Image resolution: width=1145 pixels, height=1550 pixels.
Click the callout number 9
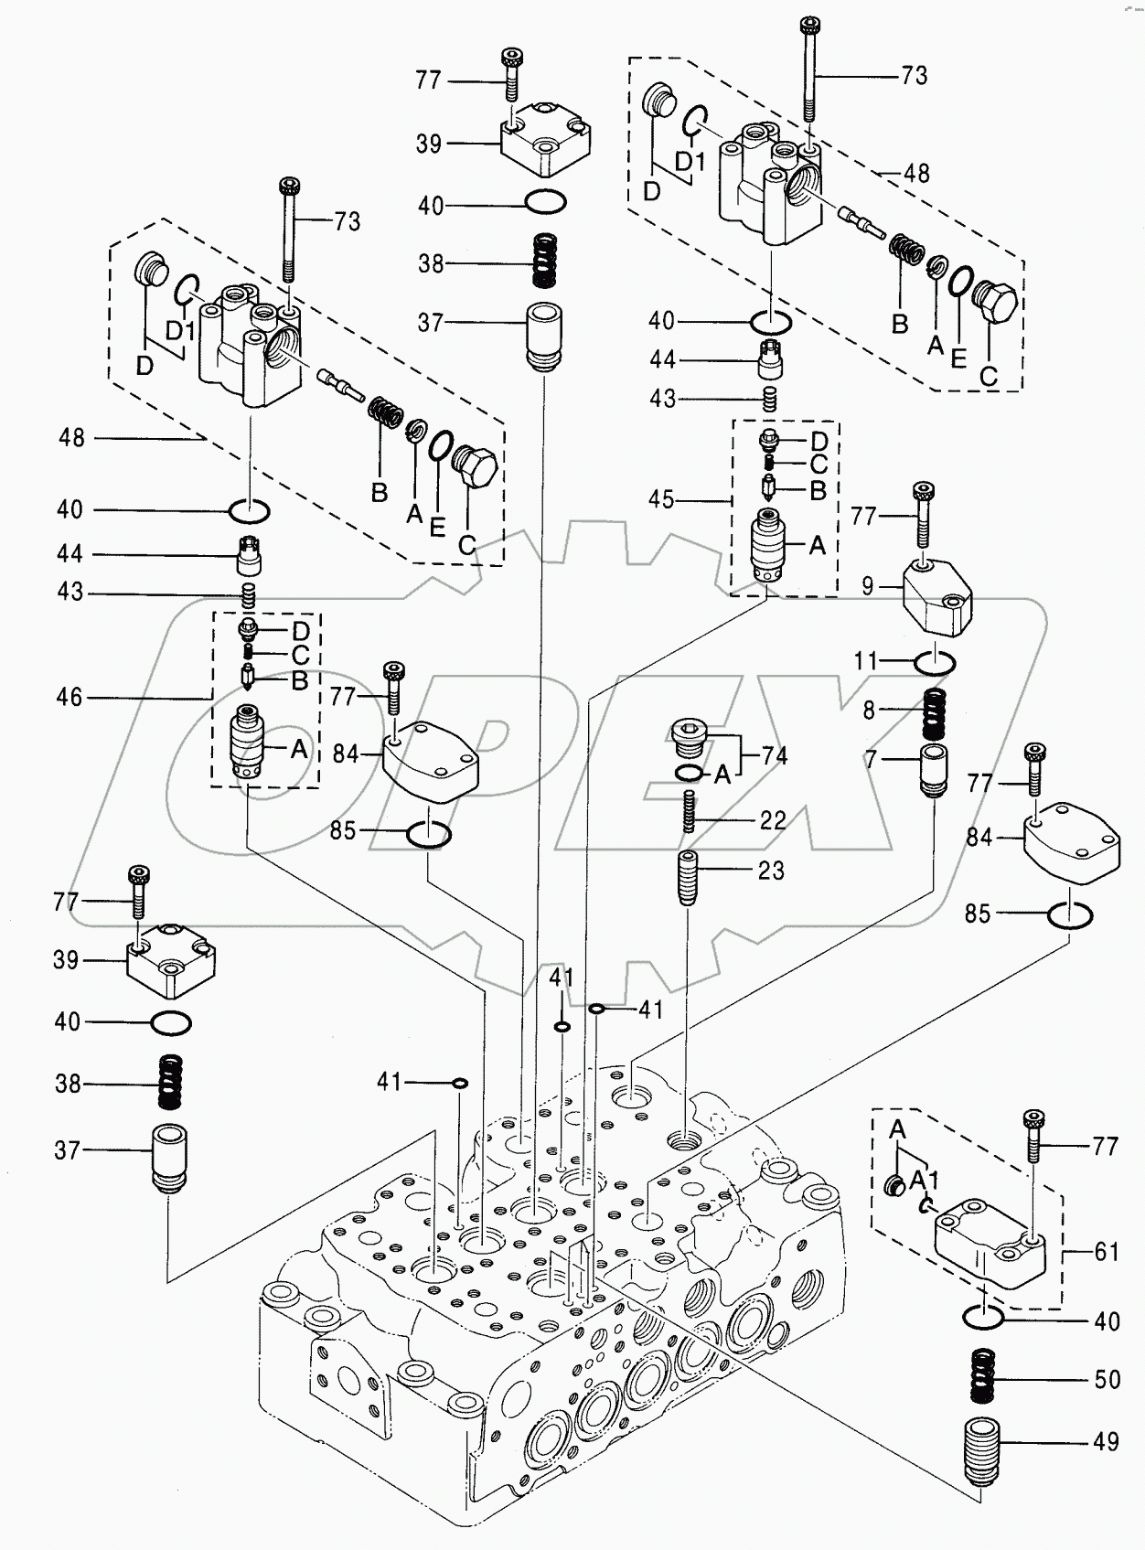868,586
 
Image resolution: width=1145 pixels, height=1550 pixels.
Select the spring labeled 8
933,714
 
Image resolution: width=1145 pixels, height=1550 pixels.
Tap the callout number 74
774,755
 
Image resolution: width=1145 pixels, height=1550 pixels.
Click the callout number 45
661,499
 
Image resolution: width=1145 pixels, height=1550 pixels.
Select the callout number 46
70,698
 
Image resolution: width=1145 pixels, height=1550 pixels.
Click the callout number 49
1106,1442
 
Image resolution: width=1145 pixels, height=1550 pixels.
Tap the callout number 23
771,870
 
